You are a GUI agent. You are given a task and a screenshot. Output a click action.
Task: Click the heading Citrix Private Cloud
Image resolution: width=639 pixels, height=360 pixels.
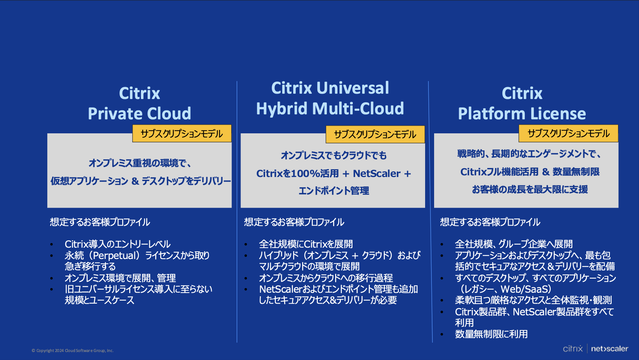(x=140, y=103)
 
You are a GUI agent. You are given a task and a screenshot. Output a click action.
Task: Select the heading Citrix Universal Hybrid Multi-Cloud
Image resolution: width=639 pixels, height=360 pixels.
(x=330, y=98)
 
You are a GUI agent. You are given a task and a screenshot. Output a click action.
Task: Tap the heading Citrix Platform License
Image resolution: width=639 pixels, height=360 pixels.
(x=522, y=103)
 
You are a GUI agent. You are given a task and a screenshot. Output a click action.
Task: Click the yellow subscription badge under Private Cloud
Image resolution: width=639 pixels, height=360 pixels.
(x=182, y=134)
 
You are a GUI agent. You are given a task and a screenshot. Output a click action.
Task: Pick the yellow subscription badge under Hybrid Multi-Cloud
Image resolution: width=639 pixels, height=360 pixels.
(x=375, y=134)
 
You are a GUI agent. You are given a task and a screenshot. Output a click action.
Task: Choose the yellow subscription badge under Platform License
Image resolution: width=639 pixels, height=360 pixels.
(x=568, y=133)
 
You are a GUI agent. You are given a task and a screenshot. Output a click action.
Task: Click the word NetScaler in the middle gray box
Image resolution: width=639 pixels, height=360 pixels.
(x=376, y=174)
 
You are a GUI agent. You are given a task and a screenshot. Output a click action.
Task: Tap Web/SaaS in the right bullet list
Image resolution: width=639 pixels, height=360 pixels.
(x=526, y=289)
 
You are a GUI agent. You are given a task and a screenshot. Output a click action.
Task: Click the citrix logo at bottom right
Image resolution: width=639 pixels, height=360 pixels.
(x=573, y=348)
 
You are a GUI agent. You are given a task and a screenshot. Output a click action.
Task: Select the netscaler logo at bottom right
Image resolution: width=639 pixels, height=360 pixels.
(x=610, y=349)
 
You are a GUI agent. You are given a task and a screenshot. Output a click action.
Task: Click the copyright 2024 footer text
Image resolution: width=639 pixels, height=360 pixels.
(x=73, y=351)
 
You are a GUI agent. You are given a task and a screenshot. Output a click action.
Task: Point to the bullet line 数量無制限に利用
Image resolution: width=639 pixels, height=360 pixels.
(x=491, y=334)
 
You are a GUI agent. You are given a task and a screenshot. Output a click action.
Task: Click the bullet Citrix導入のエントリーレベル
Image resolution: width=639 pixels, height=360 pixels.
(x=118, y=244)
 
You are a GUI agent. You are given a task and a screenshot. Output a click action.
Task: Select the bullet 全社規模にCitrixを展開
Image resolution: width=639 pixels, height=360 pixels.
(x=306, y=244)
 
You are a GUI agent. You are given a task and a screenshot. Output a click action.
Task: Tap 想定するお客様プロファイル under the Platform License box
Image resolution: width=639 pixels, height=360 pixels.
(x=490, y=222)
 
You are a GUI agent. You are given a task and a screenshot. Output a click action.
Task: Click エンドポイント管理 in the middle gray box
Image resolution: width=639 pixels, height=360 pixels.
(x=334, y=191)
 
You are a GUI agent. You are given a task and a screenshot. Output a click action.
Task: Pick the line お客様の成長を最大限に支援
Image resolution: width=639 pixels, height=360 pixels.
(x=530, y=189)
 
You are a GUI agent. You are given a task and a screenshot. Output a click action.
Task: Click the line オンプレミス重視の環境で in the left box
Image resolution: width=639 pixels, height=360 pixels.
(x=140, y=163)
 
